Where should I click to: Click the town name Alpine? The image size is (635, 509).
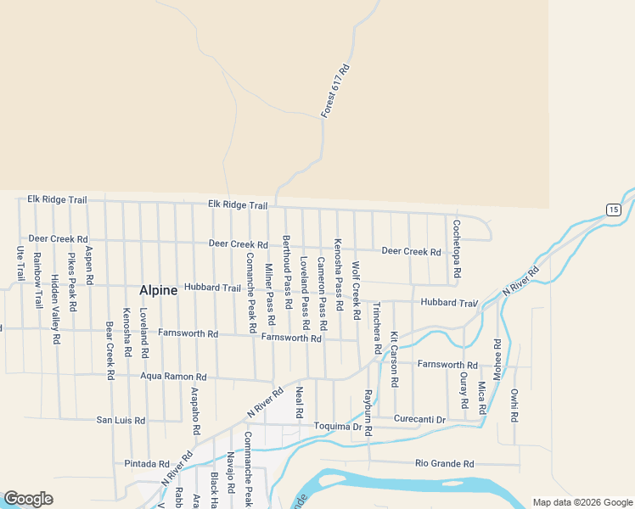point(159,290)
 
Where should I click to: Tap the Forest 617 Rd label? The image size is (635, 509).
point(335,91)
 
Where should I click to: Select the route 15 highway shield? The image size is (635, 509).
point(613,210)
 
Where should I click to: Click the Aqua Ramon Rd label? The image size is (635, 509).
point(174,376)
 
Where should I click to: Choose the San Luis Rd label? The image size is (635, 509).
point(121,420)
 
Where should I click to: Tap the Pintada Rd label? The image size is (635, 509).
point(147,464)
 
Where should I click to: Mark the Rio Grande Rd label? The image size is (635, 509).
point(445,464)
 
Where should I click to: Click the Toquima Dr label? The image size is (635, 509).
point(338,426)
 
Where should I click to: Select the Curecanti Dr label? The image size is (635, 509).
point(419,419)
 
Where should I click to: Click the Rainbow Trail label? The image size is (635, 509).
point(37,280)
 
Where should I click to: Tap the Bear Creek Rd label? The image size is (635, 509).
point(110,350)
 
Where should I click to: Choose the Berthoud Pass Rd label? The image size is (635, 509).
point(287,272)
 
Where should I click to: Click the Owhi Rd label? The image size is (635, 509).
point(514,406)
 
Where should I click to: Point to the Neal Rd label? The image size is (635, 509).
point(299,402)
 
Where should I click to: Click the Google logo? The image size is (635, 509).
point(28,499)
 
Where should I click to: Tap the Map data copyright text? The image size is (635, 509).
point(582,502)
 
